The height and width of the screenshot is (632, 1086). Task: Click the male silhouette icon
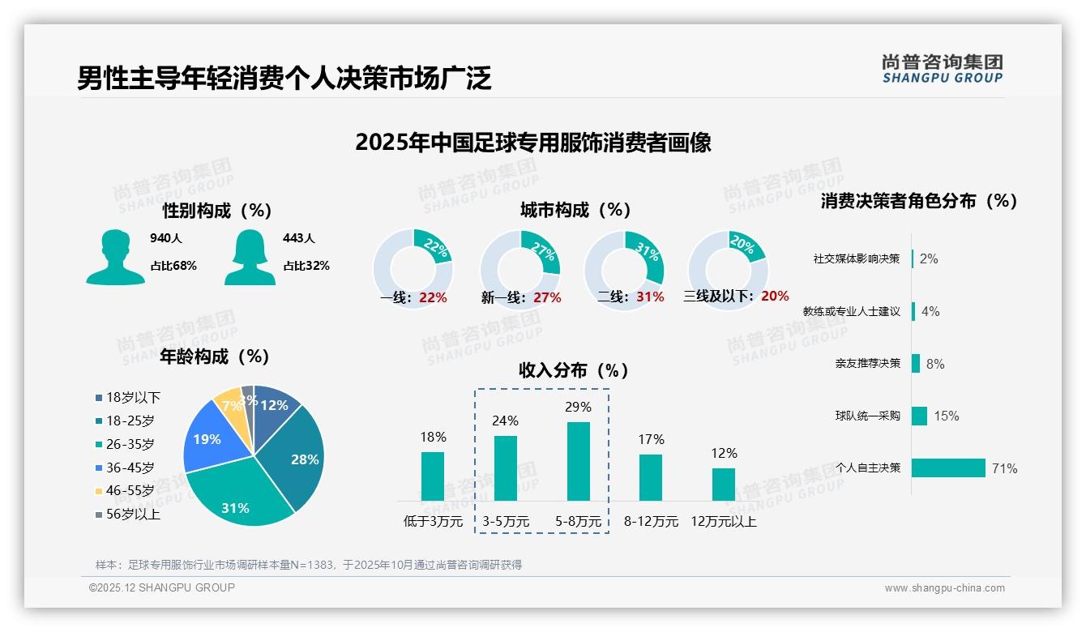click(115, 258)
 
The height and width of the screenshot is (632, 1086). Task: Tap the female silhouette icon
click(250, 258)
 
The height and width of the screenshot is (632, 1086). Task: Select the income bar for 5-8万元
click(578, 461)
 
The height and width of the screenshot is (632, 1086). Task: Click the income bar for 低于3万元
click(433, 476)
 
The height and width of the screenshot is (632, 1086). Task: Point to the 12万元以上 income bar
click(724, 484)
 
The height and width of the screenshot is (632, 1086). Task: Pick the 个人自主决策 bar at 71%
click(948, 468)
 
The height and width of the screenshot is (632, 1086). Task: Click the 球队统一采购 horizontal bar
click(919, 416)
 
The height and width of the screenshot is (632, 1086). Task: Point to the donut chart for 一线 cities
click(413, 267)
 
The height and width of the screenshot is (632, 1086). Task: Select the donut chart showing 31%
click(624, 267)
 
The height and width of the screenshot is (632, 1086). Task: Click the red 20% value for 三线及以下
click(774, 297)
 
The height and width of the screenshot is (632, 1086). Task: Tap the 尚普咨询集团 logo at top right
click(942, 68)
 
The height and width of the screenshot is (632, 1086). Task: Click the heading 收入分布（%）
click(574, 370)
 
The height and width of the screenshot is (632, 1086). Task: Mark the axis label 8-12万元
click(651, 521)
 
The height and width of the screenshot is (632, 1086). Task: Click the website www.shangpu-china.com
click(944, 587)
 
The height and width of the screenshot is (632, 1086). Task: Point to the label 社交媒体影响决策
click(857, 258)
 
